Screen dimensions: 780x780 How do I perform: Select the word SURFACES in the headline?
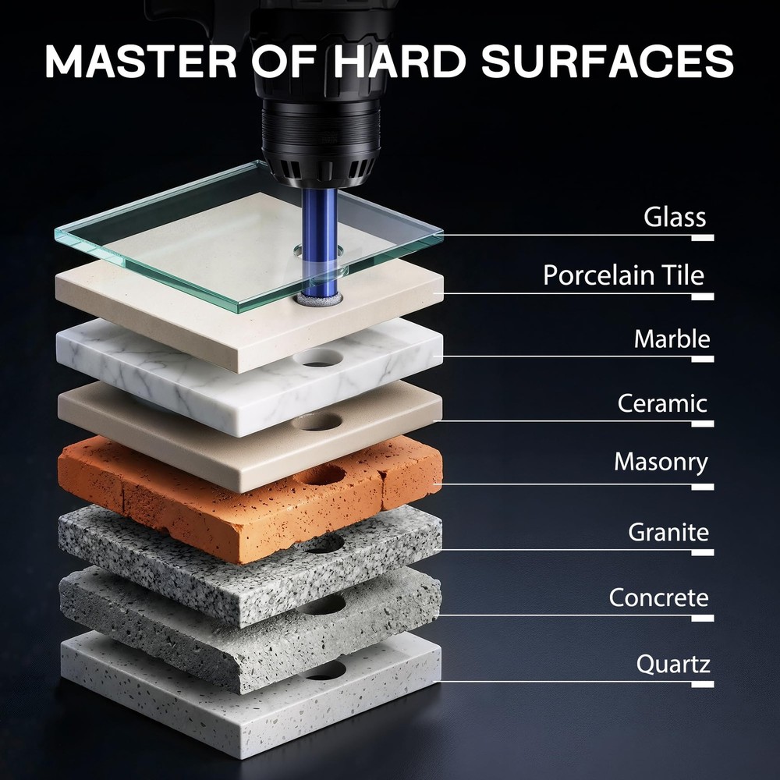click(x=607, y=61)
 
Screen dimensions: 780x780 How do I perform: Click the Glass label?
click(x=675, y=217)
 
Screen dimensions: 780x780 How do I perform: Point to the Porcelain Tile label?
click(x=623, y=275)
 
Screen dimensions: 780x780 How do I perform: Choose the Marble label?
click(x=672, y=339)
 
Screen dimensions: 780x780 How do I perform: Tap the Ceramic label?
click(x=662, y=403)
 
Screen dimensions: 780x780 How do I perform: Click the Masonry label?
click(x=661, y=461)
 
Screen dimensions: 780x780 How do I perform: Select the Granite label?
click(x=668, y=533)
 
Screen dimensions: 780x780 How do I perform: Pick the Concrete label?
click(x=658, y=598)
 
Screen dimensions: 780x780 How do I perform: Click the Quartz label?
click(x=673, y=665)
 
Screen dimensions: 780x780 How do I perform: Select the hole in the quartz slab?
click(x=324, y=670)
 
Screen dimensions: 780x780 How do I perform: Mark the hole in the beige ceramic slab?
click(x=318, y=422)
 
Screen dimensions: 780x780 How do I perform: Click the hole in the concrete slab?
click(x=324, y=604)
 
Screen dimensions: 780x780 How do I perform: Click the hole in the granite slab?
click(x=324, y=543)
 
